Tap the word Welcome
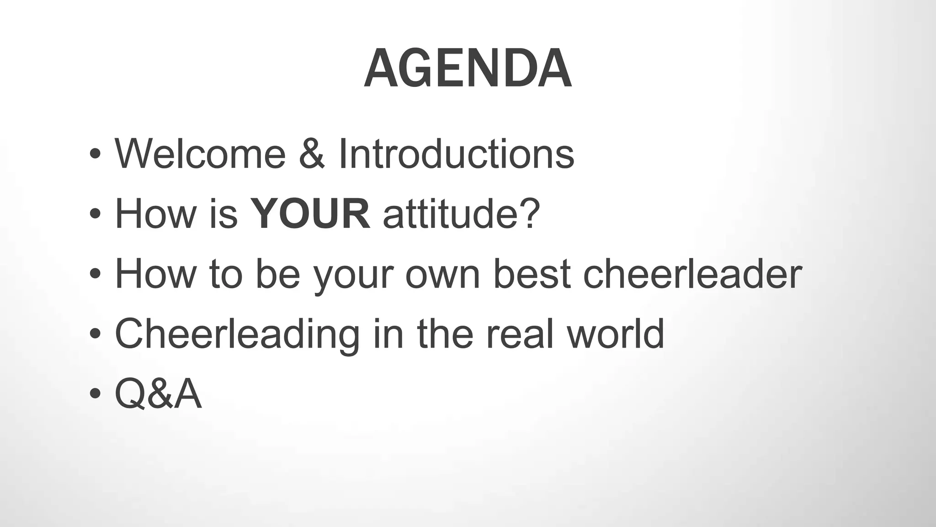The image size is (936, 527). [200, 154]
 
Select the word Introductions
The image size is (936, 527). [456, 154]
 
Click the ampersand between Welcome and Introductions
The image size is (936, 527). [312, 154]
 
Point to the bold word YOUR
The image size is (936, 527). [311, 214]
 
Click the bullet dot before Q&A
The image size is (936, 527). [95, 394]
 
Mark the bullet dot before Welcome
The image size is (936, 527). [95, 154]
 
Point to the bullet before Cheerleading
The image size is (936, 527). [95, 334]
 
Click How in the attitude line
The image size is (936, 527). [155, 214]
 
